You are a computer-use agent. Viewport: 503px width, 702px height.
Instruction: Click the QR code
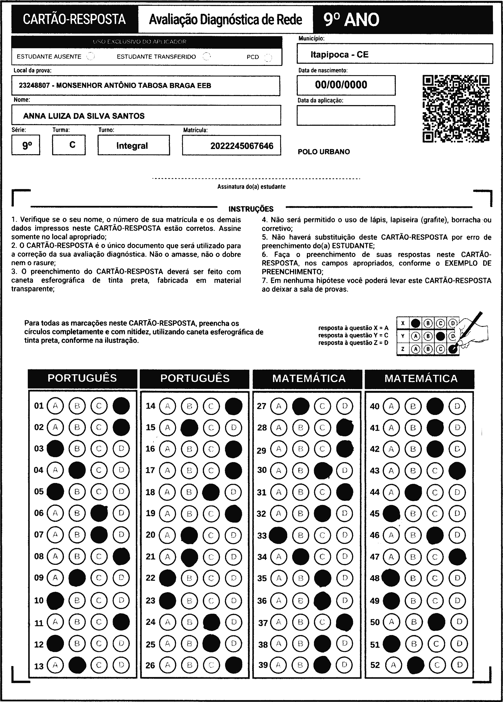456,109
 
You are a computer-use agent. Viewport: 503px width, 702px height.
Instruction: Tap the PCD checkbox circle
268,57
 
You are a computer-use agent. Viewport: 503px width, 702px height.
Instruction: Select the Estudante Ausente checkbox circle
90,57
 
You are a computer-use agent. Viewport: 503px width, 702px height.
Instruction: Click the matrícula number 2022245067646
242,146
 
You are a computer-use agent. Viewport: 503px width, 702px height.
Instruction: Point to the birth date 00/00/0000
341,85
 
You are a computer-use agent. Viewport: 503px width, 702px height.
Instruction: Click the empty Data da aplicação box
346,115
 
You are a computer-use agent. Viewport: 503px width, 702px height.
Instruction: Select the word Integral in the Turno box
132,146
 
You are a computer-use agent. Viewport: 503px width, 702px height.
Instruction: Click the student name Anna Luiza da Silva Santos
84,116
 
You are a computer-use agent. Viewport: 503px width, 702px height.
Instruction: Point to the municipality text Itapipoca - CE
340,55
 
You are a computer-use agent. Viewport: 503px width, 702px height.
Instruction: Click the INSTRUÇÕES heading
251,209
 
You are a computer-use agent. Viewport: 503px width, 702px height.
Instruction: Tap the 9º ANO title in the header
351,20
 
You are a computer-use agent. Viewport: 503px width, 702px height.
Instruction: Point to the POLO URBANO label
324,152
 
